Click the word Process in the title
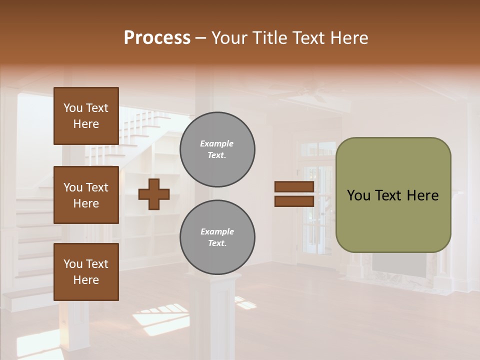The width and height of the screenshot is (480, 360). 157,38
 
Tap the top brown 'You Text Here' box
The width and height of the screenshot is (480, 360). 86,116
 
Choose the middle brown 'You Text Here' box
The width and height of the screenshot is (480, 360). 86,195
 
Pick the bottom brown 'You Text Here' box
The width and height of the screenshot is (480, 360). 86,272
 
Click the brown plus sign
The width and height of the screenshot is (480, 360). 154,194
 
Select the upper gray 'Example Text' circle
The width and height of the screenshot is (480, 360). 217,149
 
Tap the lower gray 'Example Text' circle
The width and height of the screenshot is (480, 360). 217,237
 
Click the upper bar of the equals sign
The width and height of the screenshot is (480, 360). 294,187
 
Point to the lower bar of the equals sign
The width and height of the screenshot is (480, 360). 294,201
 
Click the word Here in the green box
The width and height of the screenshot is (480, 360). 422,195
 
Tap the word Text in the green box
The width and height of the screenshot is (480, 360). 390,195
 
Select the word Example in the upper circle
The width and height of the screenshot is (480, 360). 216,143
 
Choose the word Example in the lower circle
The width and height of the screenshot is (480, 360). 217,231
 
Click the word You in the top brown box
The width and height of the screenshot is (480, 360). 73,108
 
